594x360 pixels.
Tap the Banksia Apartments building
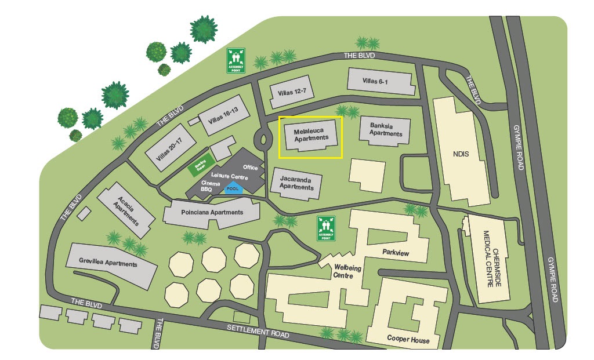[386, 130]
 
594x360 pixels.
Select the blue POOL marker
[233, 188]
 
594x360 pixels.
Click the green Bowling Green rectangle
[201, 169]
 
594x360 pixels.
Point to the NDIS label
[461, 155]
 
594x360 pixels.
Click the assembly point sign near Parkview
[326, 228]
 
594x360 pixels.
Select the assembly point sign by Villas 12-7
[236, 60]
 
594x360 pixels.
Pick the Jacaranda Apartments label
[296, 183]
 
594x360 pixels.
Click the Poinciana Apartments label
[211, 212]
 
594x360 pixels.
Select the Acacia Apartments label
[128, 211]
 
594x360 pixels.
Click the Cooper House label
[408, 340]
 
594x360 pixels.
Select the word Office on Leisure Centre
[251, 167]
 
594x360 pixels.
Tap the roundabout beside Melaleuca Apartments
[264, 139]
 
